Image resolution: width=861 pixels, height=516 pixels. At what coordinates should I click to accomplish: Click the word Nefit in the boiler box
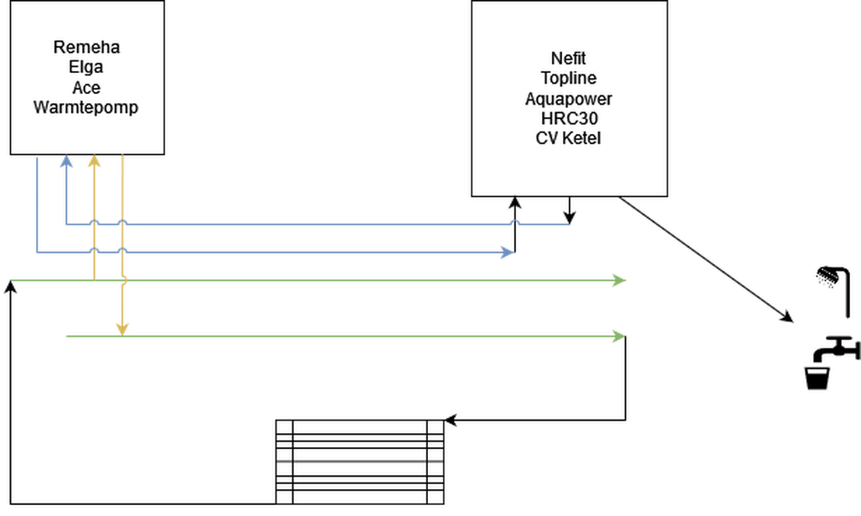click(569, 59)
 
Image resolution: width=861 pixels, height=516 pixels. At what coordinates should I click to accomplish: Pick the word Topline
click(569, 79)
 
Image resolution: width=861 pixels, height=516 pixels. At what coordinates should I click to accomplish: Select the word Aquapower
click(569, 99)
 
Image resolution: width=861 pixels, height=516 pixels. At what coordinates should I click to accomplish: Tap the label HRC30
click(569, 119)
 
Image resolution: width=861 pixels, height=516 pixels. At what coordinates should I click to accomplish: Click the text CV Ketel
click(569, 138)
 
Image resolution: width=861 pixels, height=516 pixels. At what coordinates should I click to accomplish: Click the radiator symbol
click(359, 462)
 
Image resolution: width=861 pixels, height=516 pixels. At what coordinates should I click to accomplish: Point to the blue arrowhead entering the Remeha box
click(66, 162)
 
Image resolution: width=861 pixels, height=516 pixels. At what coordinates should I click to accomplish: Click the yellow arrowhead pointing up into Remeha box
click(94, 162)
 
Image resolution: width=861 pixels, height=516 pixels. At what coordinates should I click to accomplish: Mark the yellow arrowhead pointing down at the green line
click(121, 328)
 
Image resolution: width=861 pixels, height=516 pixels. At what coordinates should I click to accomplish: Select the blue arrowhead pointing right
click(507, 251)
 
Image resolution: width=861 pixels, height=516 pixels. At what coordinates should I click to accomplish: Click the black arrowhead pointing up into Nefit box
click(514, 204)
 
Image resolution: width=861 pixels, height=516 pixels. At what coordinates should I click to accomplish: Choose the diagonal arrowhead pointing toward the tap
click(786, 317)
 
